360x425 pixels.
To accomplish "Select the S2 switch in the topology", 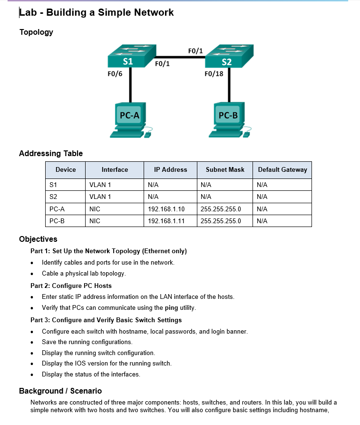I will pyautogui.click(x=229, y=57).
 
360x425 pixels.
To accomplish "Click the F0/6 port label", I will pyautogui.click(x=115, y=74).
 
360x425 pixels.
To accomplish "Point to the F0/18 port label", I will pyautogui.click(x=214, y=74).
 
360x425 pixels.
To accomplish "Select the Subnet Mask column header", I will pyautogui.click(x=225, y=169).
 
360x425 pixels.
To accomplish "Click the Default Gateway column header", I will pyautogui.click(x=282, y=169).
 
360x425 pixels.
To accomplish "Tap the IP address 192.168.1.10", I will pyautogui.click(x=166, y=209).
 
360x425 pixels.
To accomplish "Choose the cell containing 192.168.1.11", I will pyautogui.click(x=166, y=221).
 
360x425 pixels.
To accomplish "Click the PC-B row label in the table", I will pyautogui.click(x=57, y=221).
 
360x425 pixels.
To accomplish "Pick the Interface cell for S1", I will pyautogui.click(x=100, y=185).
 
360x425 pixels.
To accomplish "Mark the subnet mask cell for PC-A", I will pyautogui.click(x=221, y=209).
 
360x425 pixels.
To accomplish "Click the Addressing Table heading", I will pyautogui.click(x=51, y=153).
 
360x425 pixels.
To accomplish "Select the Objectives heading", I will pyautogui.click(x=38, y=239).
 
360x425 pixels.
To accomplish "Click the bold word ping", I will pyautogui.click(x=171, y=307).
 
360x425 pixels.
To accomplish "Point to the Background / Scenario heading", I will pyautogui.click(x=60, y=391).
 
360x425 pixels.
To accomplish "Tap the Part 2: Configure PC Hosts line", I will pyautogui.click(x=71, y=286).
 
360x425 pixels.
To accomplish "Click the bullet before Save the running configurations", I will pyautogui.click(x=32, y=342).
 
